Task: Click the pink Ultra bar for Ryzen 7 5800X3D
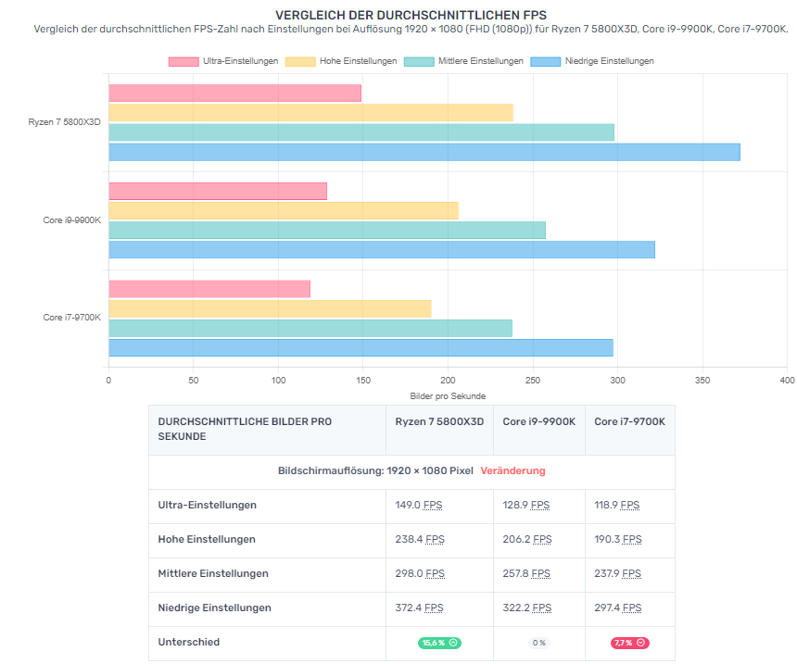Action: [234, 94]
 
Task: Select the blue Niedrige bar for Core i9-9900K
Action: [382, 250]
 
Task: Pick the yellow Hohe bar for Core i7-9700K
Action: [270, 308]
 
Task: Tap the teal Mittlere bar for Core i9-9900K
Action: [327, 230]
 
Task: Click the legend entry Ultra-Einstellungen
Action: [223, 61]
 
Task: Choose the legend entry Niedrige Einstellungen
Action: [592, 61]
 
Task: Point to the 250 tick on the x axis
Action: [533, 380]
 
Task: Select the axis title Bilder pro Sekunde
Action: [448, 396]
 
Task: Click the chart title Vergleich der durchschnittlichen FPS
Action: [411, 16]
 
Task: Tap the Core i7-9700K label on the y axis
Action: [72, 318]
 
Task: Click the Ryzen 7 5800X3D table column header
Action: [439, 421]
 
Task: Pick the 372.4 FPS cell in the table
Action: [420, 608]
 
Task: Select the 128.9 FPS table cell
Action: [526, 505]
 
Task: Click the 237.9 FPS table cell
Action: [617, 573]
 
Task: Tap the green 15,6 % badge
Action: [439, 643]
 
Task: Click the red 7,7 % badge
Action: [629, 643]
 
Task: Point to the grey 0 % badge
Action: [538, 643]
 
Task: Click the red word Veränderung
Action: [512, 470]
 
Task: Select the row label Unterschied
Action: [189, 642]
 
